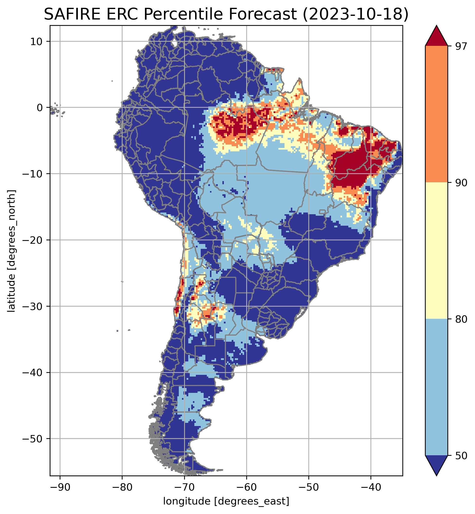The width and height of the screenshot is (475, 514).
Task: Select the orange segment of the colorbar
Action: pos(437,114)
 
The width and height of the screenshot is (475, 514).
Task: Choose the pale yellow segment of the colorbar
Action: pos(437,251)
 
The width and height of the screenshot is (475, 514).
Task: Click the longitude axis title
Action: pos(226,501)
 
